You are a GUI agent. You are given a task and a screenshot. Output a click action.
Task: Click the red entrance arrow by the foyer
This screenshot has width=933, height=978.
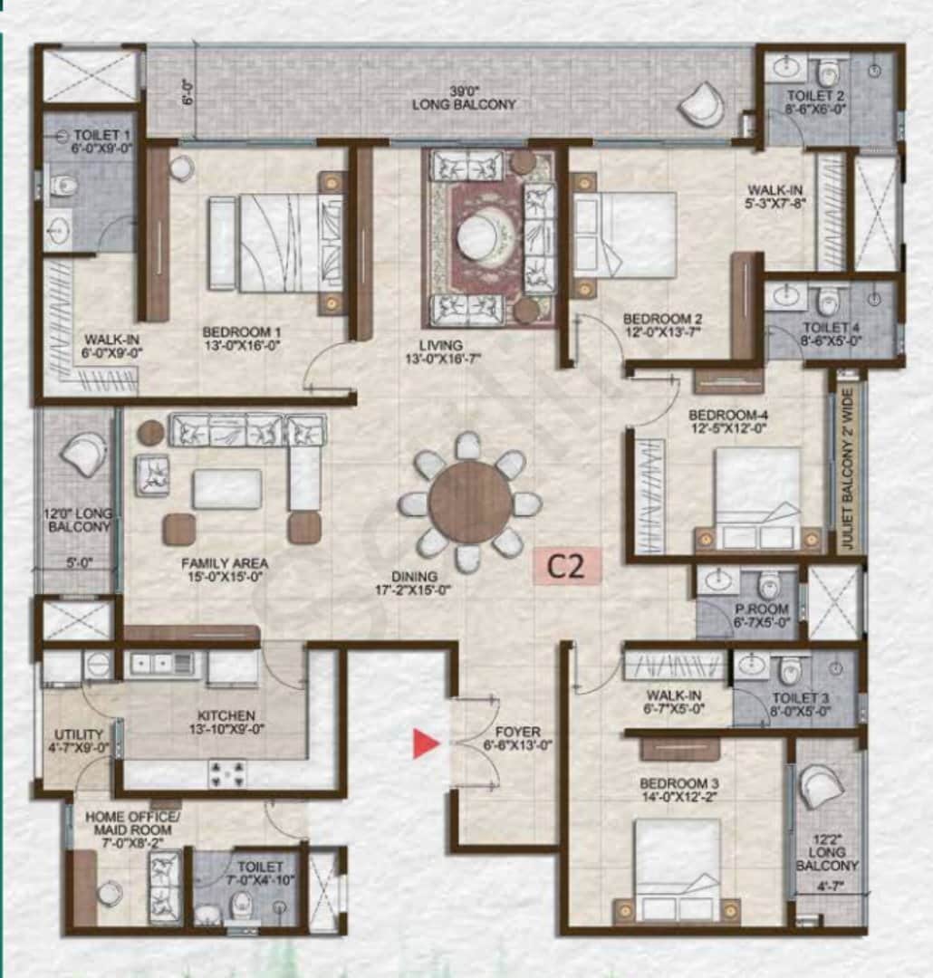(x=426, y=743)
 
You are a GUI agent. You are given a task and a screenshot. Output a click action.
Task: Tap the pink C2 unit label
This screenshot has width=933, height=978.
(x=566, y=567)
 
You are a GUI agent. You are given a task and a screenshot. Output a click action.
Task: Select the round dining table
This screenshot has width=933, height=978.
(x=470, y=502)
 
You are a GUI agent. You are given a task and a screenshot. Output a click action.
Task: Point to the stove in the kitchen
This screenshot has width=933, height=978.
(x=226, y=772)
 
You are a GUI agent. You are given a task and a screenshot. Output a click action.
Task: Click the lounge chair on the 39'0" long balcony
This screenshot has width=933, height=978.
(x=702, y=105)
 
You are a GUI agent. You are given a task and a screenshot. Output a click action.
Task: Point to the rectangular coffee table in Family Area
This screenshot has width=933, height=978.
(x=226, y=489)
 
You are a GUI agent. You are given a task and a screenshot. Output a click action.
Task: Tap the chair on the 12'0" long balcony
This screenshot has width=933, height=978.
(x=83, y=453)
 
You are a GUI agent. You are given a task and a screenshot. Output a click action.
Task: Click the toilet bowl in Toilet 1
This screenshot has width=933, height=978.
(x=63, y=186)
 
